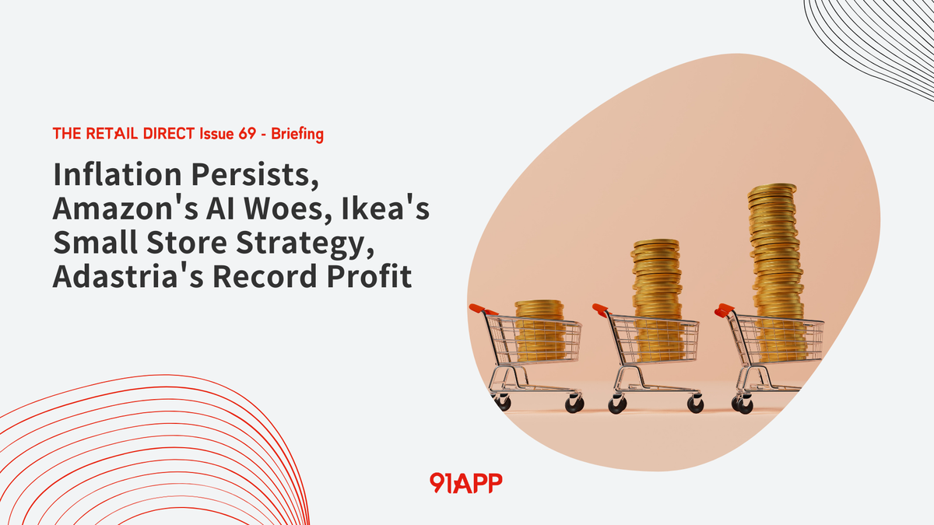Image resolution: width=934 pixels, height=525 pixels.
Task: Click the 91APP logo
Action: [x=465, y=482]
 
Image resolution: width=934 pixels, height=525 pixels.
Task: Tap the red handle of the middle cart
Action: [x=599, y=309]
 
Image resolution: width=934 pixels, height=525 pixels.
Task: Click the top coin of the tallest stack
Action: [x=772, y=188]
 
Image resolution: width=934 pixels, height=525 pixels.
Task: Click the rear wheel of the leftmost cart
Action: [x=574, y=404]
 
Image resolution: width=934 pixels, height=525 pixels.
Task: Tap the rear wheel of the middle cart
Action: [x=694, y=404]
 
